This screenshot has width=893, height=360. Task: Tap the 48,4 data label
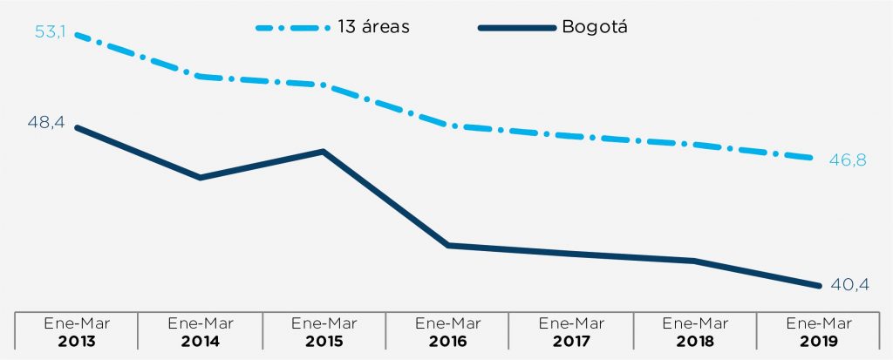click(x=46, y=123)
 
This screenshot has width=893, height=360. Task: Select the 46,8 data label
click(x=849, y=161)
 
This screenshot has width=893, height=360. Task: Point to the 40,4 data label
click(x=849, y=286)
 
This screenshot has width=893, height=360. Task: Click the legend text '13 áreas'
click(x=373, y=26)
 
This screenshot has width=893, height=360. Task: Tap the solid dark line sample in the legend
click(x=516, y=27)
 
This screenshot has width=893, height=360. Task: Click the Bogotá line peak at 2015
click(x=324, y=152)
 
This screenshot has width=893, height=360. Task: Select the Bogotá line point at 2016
click(x=448, y=245)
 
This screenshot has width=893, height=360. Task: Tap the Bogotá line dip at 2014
click(x=201, y=178)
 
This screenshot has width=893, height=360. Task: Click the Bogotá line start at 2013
click(x=78, y=127)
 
